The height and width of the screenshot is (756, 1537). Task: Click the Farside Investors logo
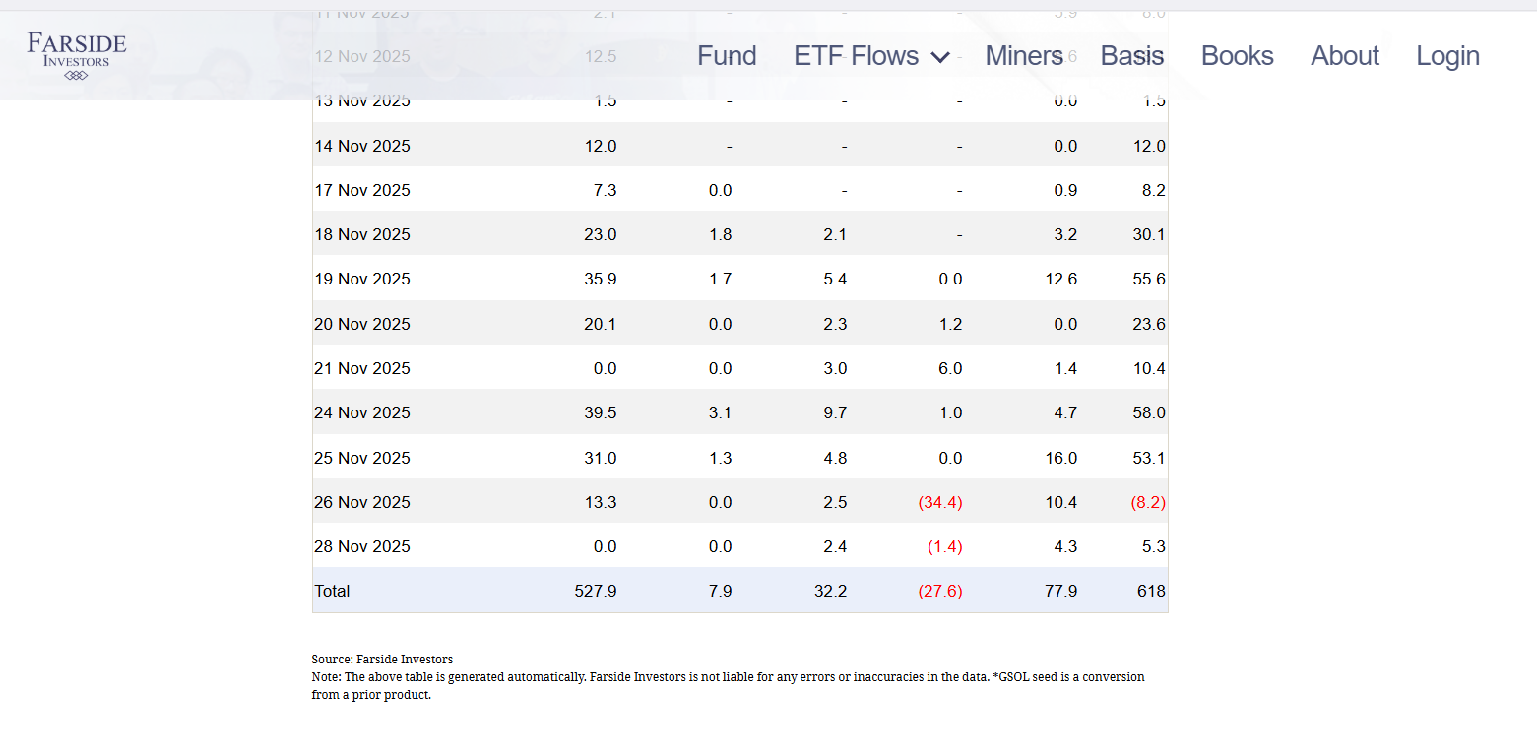[x=77, y=54]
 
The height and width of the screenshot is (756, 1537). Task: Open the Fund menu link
[x=727, y=56]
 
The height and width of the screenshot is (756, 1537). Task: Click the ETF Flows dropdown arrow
[x=940, y=58]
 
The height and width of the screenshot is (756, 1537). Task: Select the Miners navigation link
[x=1024, y=56]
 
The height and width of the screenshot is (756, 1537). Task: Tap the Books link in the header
[x=1237, y=56]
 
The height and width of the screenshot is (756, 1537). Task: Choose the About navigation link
[x=1344, y=56]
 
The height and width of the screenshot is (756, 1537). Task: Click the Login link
[x=1447, y=56]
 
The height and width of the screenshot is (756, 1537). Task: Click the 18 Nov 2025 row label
[x=362, y=234]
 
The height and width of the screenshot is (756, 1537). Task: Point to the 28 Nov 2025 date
[x=362, y=546]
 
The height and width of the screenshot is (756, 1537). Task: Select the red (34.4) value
[x=939, y=502]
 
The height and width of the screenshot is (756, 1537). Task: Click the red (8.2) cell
[x=1148, y=502]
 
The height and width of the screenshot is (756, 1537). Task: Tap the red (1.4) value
[x=944, y=546]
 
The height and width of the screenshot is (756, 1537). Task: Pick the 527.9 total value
[x=595, y=591]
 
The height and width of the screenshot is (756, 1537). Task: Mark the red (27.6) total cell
[x=939, y=591]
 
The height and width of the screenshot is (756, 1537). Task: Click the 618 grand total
[x=1150, y=591]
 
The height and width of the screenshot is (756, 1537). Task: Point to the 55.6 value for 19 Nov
[x=1148, y=279]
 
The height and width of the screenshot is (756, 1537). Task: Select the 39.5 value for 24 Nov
[x=600, y=412]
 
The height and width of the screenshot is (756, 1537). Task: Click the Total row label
[x=332, y=591]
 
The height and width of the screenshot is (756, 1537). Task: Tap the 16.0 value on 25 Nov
[x=1064, y=458]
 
